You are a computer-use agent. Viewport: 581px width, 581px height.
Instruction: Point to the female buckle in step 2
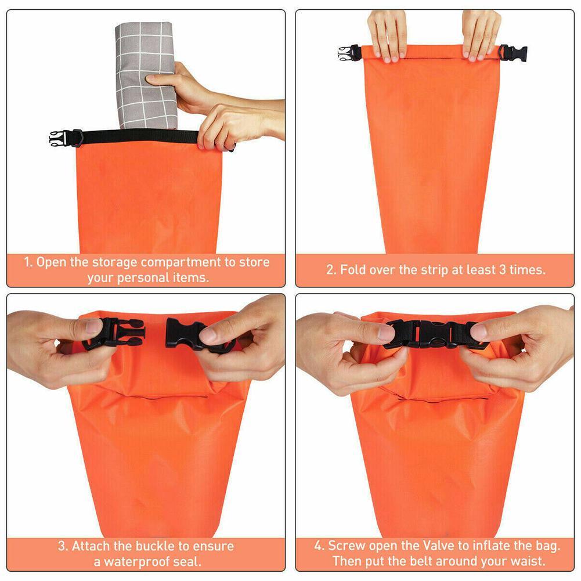[512, 53]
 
